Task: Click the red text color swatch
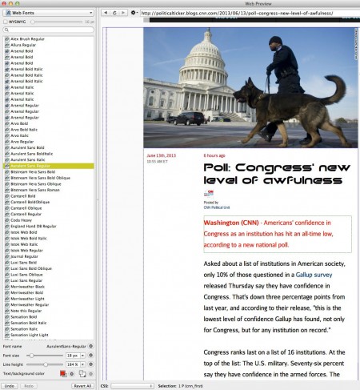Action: coord(61,373)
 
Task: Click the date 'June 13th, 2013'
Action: coord(161,155)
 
